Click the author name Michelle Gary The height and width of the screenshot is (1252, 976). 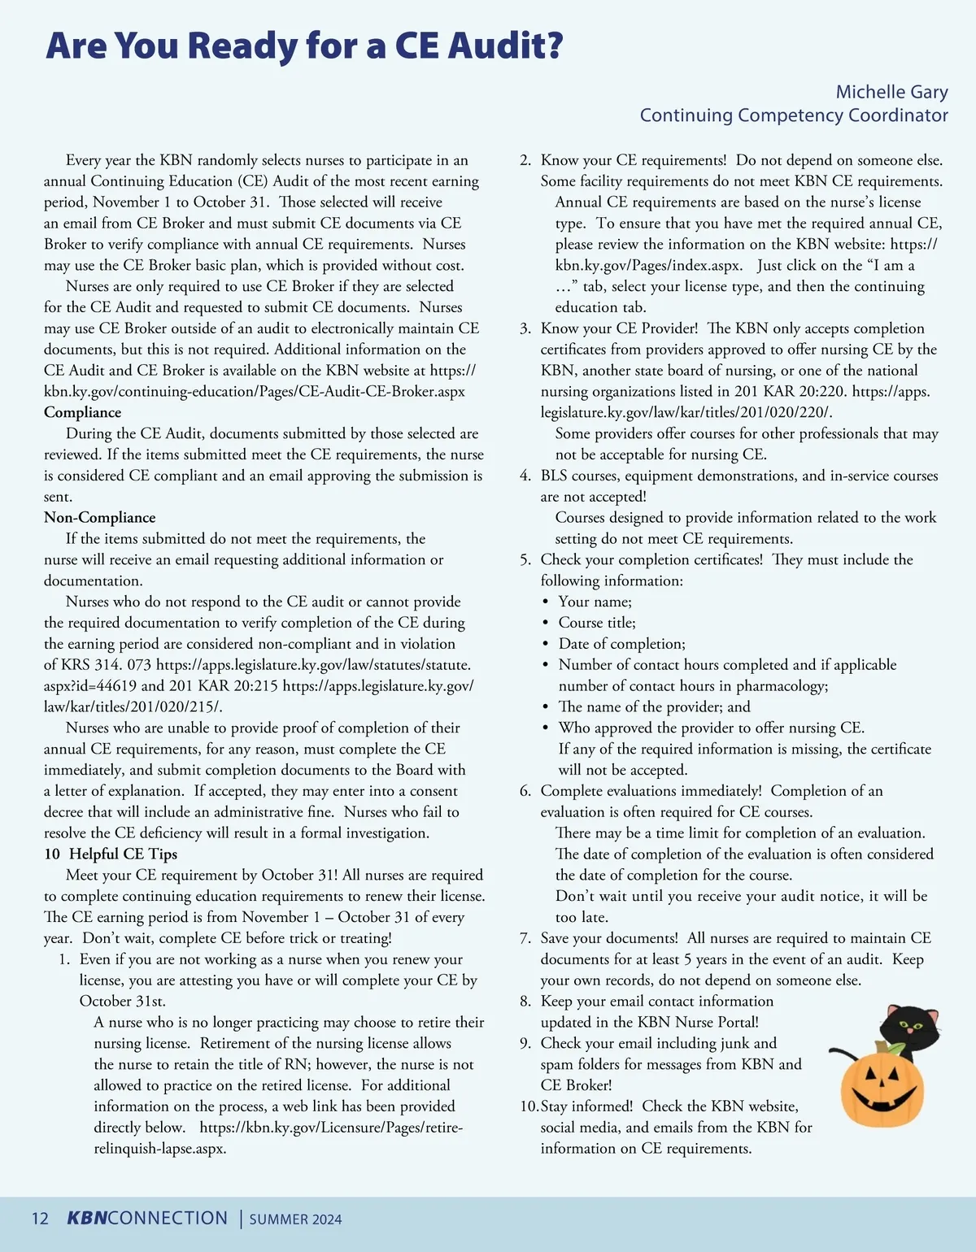click(x=891, y=92)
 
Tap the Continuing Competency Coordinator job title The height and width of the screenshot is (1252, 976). click(x=794, y=115)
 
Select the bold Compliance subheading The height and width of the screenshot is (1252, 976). click(x=82, y=412)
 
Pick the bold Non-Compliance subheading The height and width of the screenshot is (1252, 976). click(x=99, y=518)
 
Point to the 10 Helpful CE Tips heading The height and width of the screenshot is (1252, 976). click(x=111, y=854)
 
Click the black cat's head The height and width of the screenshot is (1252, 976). click(x=911, y=1027)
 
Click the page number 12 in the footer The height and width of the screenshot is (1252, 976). click(x=40, y=1219)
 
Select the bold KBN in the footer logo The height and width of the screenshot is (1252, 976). click(x=86, y=1218)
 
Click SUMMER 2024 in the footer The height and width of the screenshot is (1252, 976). click(x=295, y=1219)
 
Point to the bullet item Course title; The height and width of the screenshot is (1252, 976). click(x=597, y=623)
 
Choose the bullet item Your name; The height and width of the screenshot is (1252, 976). click(x=595, y=602)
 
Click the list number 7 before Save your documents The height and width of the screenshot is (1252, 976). click(x=525, y=938)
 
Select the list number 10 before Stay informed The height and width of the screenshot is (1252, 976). click(x=529, y=1106)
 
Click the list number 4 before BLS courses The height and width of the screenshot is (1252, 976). click(x=525, y=476)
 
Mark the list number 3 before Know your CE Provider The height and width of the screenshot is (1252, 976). click(x=525, y=328)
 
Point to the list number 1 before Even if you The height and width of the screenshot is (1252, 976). click(x=63, y=959)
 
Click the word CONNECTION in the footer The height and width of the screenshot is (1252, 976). click(x=168, y=1218)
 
